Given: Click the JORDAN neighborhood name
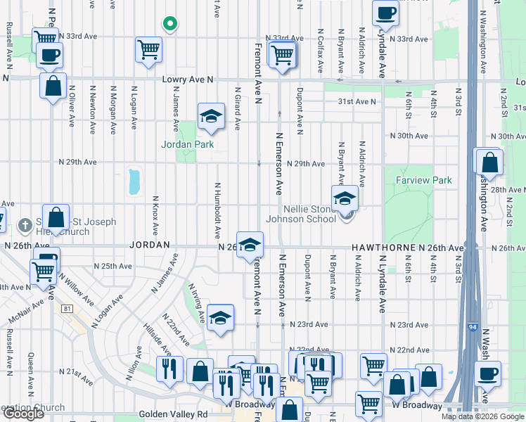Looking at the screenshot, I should tap(150, 245).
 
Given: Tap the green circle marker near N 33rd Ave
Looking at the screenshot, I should tap(169, 24).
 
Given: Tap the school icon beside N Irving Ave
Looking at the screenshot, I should tap(220, 317).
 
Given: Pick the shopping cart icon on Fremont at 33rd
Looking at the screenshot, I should tap(282, 53).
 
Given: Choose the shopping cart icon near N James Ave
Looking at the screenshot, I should tap(148, 49).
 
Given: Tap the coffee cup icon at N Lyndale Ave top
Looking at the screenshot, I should tap(385, 13).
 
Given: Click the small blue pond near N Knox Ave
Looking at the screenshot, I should tap(134, 181).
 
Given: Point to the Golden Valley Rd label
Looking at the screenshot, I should tap(173, 415).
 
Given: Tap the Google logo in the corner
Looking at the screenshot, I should tap(23, 414).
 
